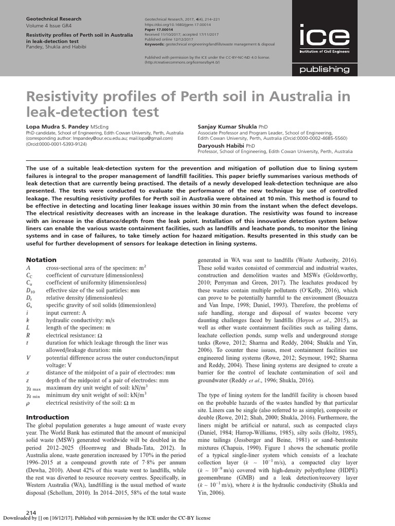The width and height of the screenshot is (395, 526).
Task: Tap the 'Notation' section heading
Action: (x=41, y=260)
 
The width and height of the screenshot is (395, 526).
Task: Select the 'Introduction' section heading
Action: (x=47, y=417)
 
